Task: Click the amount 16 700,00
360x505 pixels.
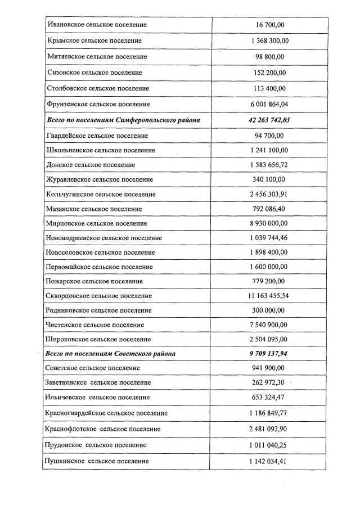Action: pos(270,25)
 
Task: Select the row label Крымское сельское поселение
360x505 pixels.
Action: pos(94,41)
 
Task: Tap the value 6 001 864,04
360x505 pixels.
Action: pos(270,105)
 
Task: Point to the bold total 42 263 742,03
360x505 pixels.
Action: pos(270,120)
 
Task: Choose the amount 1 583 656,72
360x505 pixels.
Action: pos(270,165)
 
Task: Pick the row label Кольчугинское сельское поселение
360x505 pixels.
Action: pos(101,195)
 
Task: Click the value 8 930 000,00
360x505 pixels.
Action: pos(270,223)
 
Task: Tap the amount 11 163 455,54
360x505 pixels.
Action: pos(270,296)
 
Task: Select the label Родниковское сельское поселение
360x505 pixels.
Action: pos(100,310)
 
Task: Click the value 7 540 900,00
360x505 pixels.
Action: pos(270,325)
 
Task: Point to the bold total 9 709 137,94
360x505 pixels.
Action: pos(270,354)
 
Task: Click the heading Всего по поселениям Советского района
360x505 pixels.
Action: pos(111,354)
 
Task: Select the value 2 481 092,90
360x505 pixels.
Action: pos(270,429)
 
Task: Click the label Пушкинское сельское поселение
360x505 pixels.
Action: pos(98,461)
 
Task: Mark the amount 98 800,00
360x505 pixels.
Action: pos(270,57)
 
